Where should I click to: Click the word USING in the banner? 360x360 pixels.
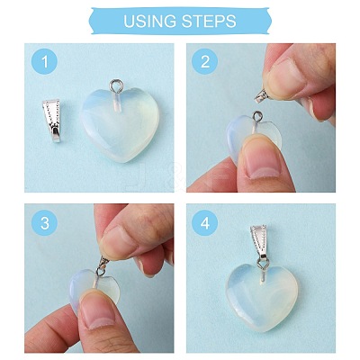coord(149,21)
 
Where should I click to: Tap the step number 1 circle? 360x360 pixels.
coord(44,62)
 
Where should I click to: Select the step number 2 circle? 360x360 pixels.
coord(204,61)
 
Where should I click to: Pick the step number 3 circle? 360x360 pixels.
coord(44,223)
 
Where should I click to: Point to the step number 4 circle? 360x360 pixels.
coord(204,223)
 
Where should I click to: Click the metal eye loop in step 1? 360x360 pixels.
coord(115,85)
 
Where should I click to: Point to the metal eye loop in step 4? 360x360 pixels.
coord(263,264)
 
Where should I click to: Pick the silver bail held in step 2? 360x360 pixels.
coord(262,96)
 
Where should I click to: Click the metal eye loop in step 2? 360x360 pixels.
coord(258,116)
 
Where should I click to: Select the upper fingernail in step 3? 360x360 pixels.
coord(120,241)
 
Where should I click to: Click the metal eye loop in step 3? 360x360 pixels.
coord(100,272)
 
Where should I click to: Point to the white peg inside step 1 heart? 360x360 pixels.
coord(117,103)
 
